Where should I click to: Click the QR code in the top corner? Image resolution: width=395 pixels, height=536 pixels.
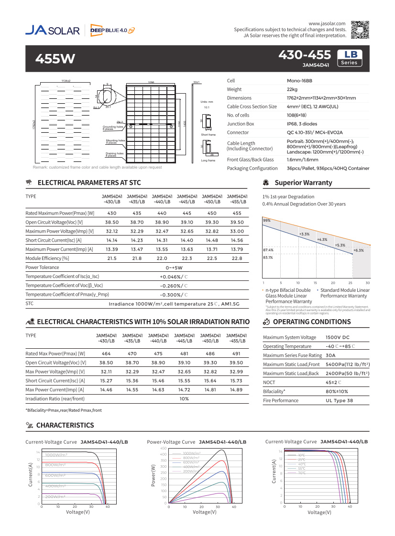point(360,30)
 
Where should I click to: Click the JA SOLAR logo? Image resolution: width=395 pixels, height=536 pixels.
point(53,30)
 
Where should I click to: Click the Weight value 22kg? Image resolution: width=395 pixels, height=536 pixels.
point(292,89)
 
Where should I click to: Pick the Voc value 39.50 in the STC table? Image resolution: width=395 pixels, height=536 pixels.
point(237,222)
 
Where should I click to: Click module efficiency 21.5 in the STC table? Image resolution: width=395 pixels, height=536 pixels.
point(112,258)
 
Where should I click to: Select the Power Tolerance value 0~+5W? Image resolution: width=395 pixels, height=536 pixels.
point(174,268)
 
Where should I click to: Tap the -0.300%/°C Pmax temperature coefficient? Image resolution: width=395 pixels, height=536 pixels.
point(174,294)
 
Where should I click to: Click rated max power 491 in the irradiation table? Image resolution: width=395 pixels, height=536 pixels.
point(236,354)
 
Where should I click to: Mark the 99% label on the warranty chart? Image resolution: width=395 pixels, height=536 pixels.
point(267,220)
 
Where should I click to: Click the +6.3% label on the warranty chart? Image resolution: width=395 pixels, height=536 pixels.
point(358,250)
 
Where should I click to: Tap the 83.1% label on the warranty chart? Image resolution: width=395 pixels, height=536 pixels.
point(268,258)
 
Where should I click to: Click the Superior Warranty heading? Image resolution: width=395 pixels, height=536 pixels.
point(296,183)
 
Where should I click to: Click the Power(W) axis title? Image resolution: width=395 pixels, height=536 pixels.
point(154,475)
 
